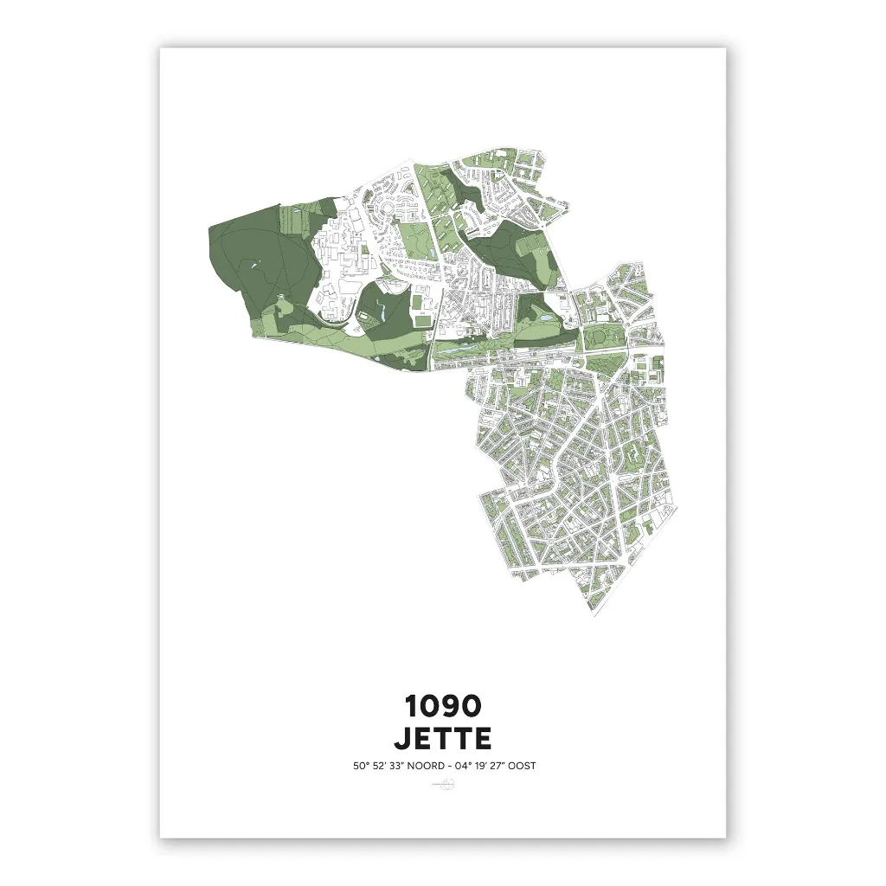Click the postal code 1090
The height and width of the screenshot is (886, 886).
[442, 707]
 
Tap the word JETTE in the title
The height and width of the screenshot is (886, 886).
[442, 738]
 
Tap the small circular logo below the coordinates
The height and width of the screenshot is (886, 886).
[447, 786]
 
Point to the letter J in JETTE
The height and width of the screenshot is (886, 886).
[402, 738]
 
